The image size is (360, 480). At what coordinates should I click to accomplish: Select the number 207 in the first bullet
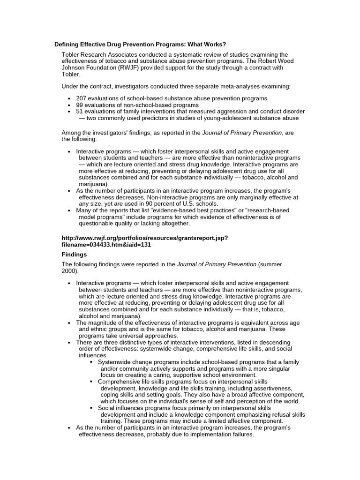tap(82, 98)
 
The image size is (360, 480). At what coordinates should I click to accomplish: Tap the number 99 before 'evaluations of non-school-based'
tap(80, 105)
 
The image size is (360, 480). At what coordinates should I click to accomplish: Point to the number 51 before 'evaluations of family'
tap(80, 112)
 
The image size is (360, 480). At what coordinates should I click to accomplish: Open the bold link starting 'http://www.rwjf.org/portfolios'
tap(145, 238)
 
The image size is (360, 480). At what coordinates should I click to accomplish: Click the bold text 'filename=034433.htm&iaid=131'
tap(106, 245)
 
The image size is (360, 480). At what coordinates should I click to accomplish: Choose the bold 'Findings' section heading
tap(75, 255)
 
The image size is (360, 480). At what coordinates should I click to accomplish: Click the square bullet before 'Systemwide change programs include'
tap(92, 362)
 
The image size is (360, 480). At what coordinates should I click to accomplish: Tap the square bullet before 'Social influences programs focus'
tap(92, 408)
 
